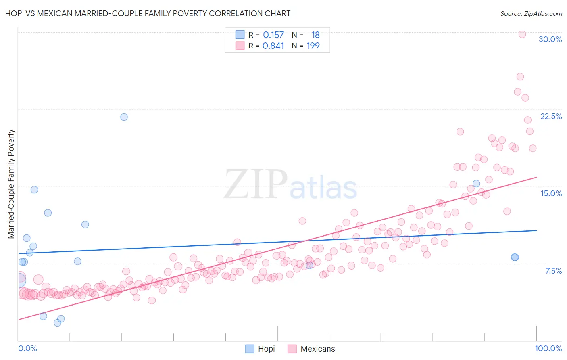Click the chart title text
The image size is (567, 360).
(x=148, y=13)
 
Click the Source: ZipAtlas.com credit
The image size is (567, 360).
(x=531, y=13)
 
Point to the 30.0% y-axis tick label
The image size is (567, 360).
(x=550, y=39)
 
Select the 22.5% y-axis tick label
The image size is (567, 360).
(x=551, y=116)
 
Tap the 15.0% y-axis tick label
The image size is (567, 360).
(x=551, y=193)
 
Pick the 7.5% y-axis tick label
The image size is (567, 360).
(x=553, y=271)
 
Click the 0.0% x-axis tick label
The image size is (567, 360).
(x=27, y=348)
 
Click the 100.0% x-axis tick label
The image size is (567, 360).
(x=548, y=348)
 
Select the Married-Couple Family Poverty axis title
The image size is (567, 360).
(x=11, y=184)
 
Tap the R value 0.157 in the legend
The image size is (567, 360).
(x=273, y=35)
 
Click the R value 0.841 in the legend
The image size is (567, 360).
(x=273, y=46)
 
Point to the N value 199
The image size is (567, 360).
(x=313, y=46)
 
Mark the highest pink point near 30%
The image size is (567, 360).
(x=522, y=34)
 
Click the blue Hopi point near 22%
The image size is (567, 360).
(x=124, y=117)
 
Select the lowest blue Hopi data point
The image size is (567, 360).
(x=57, y=323)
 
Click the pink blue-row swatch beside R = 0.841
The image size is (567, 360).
(x=240, y=46)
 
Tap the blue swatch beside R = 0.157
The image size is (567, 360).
(x=240, y=35)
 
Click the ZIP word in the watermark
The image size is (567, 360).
(x=255, y=184)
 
